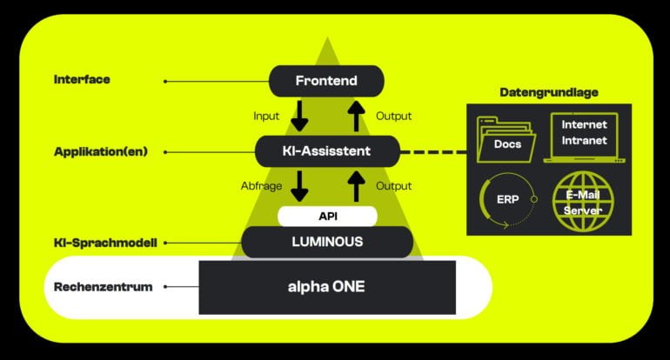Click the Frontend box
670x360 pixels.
tap(325, 81)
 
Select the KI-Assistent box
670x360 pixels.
tap(326, 151)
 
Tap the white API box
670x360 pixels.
tap(326, 216)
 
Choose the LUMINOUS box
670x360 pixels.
tap(326, 242)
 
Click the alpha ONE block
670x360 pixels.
tap(326, 286)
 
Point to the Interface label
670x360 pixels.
tap(82, 79)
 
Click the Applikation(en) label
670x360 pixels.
tap(100, 151)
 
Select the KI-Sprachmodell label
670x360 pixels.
tap(104, 243)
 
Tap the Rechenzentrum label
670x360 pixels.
tap(104, 286)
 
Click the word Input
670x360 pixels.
tap(266, 116)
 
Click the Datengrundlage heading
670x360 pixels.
tap(548, 92)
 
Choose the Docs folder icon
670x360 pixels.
tap(509, 139)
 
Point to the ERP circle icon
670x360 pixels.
tap(509, 203)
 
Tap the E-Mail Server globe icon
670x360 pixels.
tap(584, 202)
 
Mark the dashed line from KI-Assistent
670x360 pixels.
tap(432, 152)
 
